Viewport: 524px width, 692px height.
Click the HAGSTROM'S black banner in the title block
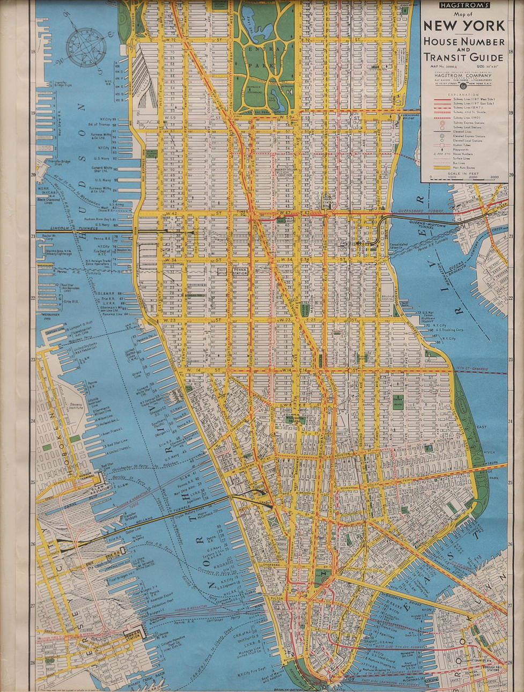point(464,5)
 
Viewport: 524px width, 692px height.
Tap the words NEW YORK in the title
point(464,25)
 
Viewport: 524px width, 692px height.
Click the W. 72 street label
point(172,40)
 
